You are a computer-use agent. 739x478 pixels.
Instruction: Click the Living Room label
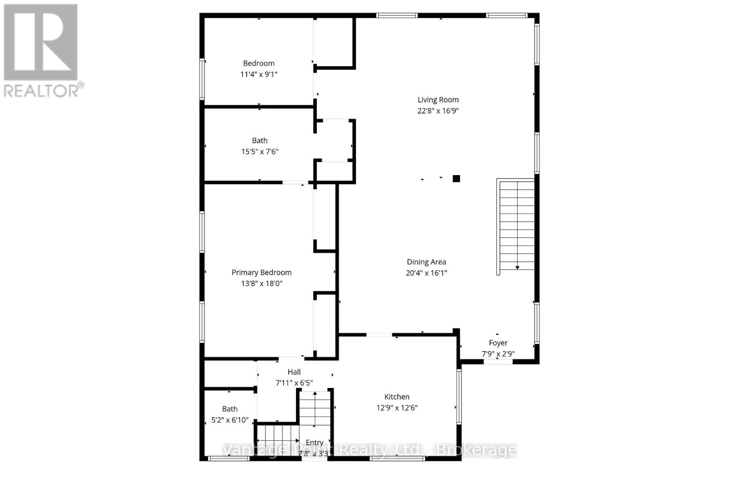(x=438, y=100)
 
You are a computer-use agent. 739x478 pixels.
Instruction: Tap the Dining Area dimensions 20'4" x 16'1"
(x=426, y=273)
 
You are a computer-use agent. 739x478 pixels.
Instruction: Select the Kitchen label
(x=397, y=397)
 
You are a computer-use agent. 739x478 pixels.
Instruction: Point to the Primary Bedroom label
(x=261, y=272)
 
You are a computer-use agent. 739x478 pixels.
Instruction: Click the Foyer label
(x=498, y=343)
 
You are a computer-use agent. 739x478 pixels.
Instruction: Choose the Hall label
(x=294, y=372)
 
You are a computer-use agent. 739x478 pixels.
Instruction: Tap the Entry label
(x=314, y=442)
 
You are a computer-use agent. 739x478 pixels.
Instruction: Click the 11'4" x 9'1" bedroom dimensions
(x=259, y=74)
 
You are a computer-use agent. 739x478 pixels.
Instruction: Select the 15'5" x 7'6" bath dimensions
(x=260, y=151)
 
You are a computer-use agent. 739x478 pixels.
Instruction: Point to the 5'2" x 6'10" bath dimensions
(x=230, y=420)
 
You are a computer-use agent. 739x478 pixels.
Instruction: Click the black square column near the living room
(x=456, y=178)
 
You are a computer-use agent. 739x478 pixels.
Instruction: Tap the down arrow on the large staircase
(x=517, y=267)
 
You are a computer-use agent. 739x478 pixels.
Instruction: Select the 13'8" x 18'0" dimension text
(x=261, y=284)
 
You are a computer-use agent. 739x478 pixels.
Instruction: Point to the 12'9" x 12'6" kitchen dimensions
(x=397, y=408)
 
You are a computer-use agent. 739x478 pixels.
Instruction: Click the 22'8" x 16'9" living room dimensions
(x=438, y=111)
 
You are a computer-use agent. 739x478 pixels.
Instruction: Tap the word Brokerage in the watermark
(x=477, y=450)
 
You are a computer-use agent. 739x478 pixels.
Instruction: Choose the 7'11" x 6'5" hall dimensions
(x=294, y=383)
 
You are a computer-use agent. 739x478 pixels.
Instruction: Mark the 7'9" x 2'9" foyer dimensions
(x=498, y=354)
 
